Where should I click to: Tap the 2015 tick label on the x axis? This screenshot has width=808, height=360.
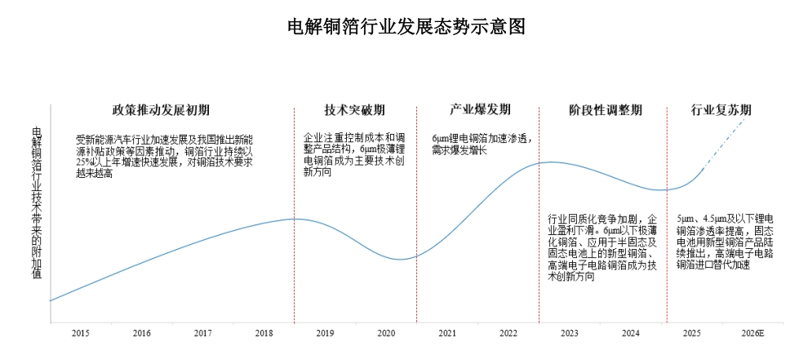pos(80,333)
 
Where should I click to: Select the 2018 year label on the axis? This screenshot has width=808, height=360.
pos(264,333)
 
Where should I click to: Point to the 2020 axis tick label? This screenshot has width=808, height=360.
pos(386,333)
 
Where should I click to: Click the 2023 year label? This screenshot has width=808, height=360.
pos(570,333)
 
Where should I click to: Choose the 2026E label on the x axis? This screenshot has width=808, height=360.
pos(753,333)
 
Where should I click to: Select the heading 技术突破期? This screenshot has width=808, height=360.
pos(354,110)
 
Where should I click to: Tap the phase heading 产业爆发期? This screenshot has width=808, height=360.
pos(480,109)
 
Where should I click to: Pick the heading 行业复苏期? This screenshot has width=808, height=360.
pos(721,110)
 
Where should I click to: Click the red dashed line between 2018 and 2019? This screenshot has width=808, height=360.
pos(294,245)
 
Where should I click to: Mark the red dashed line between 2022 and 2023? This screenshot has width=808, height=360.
pos(539,245)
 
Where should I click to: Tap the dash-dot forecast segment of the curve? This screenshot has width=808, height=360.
pos(726,140)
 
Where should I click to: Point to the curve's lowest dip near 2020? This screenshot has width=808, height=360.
pos(399,260)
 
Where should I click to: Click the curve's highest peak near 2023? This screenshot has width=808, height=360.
pos(549,162)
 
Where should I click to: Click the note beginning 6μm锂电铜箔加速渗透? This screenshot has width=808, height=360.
pos(482,144)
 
